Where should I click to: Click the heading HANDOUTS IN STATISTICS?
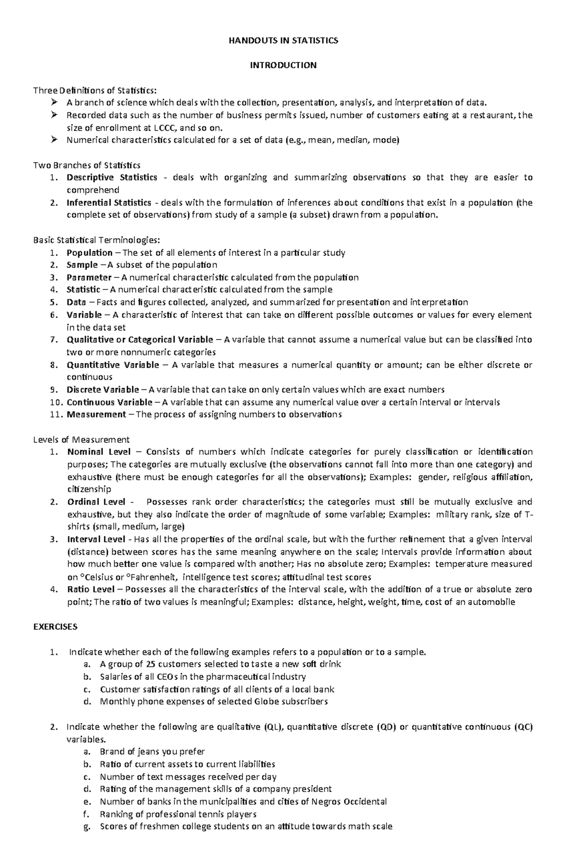click(283, 41)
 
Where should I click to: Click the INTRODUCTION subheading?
click(283, 65)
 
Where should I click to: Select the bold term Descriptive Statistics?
click(112, 177)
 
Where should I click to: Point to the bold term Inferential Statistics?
click(109, 203)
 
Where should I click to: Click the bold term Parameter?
click(89, 277)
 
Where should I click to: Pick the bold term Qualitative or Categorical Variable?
click(140, 340)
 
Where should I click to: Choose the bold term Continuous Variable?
click(110, 403)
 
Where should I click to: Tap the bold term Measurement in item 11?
click(96, 415)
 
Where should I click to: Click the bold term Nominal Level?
click(99, 452)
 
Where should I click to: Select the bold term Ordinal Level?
click(96, 502)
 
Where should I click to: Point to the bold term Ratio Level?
click(91, 589)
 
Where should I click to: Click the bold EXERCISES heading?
click(55, 627)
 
